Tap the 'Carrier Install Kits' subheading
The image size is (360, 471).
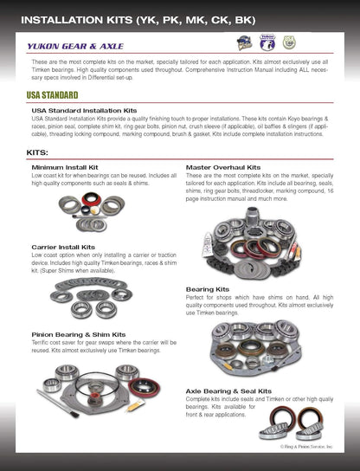tap(64, 247)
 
